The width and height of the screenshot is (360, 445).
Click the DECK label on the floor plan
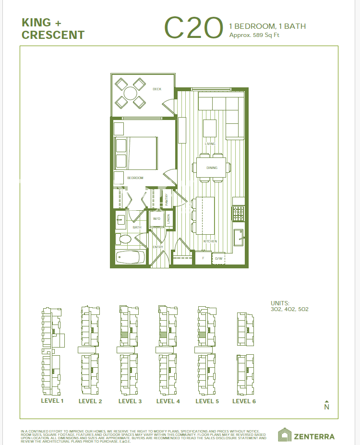[157, 89]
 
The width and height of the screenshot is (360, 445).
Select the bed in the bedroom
[136, 153]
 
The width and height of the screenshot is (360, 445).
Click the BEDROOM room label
[135, 178]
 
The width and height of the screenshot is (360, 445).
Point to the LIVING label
[210, 144]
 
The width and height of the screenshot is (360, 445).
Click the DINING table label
[212, 168]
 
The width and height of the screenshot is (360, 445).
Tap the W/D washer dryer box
[156, 219]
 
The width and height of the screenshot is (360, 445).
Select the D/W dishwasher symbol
[218, 259]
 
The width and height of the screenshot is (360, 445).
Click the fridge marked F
[203, 258]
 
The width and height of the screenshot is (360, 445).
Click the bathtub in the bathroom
[130, 257]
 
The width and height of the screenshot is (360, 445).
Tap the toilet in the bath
[124, 239]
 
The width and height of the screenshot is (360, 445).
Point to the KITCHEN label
[210, 241]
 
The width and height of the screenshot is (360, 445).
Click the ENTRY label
[158, 247]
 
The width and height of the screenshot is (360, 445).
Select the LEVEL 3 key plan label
[130, 401]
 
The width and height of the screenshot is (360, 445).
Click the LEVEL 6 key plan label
[244, 401]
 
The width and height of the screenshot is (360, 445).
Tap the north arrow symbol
[327, 406]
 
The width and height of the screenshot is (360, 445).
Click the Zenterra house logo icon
[285, 435]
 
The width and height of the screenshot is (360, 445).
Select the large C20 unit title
[194, 28]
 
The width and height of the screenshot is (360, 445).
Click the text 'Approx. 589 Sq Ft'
[254, 36]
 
